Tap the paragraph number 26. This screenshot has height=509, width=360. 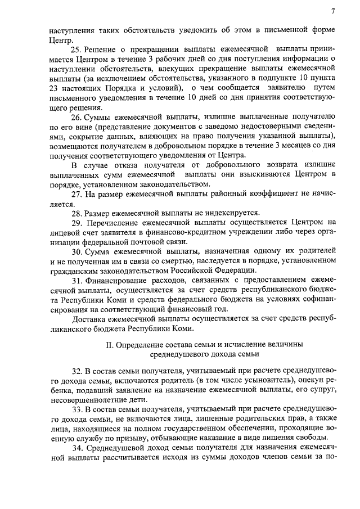coord(78,118)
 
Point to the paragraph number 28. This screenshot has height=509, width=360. coord(78,213)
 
